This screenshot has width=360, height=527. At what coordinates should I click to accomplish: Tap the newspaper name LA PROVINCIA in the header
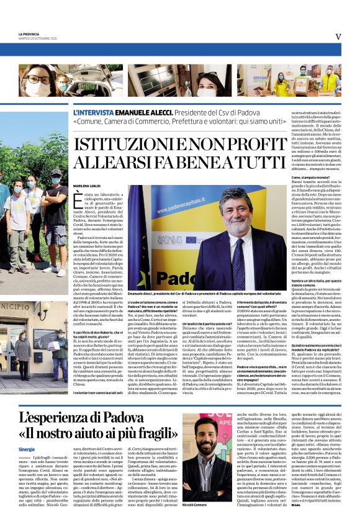(x=29, y=34)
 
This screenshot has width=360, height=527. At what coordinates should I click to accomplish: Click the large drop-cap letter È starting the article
(x=78, y=200)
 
